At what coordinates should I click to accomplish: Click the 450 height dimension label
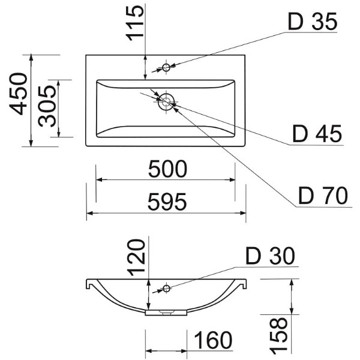click(19, 94)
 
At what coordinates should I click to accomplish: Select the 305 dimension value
click(47, 106)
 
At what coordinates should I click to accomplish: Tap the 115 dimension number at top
click(135, 23)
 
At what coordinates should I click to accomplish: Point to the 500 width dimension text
click(167, 169)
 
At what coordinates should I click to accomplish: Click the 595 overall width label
click(167, 202)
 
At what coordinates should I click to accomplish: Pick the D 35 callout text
click(313, 22)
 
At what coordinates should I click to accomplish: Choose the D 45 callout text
click(317, 134)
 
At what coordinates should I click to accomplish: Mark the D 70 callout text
click(323, 196)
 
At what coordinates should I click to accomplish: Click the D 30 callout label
click(270, 256)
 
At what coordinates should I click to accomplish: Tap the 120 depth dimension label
click(136, 257)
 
